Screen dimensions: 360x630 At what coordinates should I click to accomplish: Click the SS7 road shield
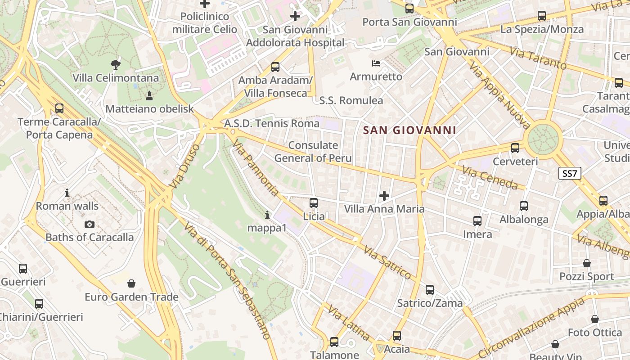pyautogui.click(x=570, y=173)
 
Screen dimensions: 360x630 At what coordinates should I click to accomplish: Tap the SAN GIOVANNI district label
pyautogui.click(x=409, y=130)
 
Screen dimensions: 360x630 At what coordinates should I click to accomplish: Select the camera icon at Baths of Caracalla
pyautogui.click(x=90, y=224)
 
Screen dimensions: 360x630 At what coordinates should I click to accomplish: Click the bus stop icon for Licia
pyautogui.click(x=314, y=203)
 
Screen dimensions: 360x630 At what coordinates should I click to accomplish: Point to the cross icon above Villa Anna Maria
pyautogui.click(x=384, y=195)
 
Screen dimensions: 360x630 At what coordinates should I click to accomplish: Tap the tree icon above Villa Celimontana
pyautogui.click(x=116, y=65)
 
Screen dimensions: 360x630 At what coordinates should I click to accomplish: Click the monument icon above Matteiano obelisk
pyautogui.click(x=149, y=95)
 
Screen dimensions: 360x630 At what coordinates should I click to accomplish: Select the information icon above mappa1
pyautogui.click(x=267, y=215)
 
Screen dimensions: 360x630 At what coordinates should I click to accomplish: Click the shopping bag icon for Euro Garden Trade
pyautogui.click(x=131, y=283)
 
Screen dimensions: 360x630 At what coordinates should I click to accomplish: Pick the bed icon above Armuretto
pyautogui.click(x=376, y=63)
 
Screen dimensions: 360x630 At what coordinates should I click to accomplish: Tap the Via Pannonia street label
pyautogui.click(x=256, y=167)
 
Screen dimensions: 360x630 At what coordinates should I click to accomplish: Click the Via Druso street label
pyautogui.click(x=184, y=166)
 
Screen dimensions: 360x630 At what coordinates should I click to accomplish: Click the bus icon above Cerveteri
pyautogui.click(x=515, y=148)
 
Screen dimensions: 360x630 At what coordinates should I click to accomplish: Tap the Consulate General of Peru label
pyautogui.click(x=313, y=152)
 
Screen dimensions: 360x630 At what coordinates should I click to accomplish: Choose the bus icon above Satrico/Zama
pyautogui.click(x=430, y=290)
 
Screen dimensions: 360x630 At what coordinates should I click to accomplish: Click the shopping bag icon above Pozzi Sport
pyautogui.click(x=587, y=263)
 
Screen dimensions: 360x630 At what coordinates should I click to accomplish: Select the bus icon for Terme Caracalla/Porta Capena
pyautogui.click(x=59, y=108)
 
